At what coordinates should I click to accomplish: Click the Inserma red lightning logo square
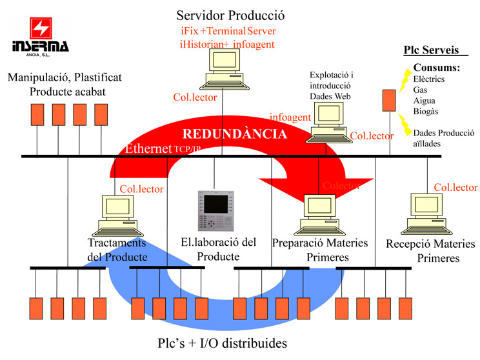pyautogui.click(x=41, y=28)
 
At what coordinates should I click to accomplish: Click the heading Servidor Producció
pyautogui.click(x=230, y=15)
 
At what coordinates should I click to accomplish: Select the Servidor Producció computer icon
pyautogui.click(x=225, y=69)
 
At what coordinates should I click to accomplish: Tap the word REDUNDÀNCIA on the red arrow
pyautogui.click(x=234, y=134)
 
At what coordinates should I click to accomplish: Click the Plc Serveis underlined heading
pyautogui.click(x=432, y=50)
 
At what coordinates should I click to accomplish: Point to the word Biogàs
pyautogui.click(x=426, y=111)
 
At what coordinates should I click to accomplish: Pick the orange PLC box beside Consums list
pyautogui.click(x=389, y=100)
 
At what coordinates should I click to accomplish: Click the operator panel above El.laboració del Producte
pyautogui.click(x=216, y=210)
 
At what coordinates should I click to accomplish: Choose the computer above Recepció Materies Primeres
pyautogui.click(x=426, y=214)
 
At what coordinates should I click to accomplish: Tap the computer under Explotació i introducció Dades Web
pyautogui.click(x=329, y=123)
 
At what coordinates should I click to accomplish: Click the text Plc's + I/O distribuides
pyautogui.click(x=222, y=343)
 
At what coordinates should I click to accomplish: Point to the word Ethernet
pyautogui.click(x=148, y=148)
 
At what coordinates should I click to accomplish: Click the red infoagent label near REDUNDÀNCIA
pyautogui.click(x=290, y=117)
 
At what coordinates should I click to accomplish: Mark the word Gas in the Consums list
pyautogui.click(x=420, y=90)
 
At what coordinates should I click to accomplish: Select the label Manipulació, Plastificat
pyautogui.click(x=65, y=77)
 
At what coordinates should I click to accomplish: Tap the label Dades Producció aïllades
pyautogui.click(x=444, y=138)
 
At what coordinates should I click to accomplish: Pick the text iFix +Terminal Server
pyautogui.click(x=228, y=31)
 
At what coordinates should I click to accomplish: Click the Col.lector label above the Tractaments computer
pyautogui.click(x=141, y=189)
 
